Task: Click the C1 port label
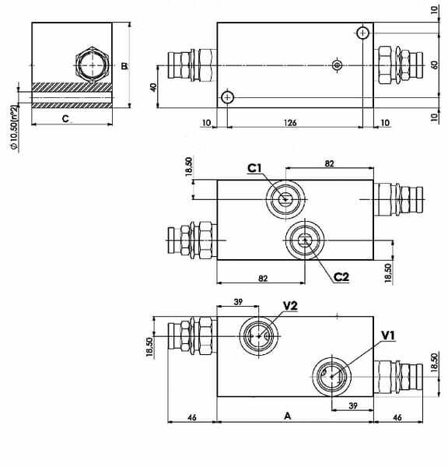coord(254,168)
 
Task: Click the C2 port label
coord(341,277)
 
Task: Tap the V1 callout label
coord(388,335)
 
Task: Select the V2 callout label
coord(290,306)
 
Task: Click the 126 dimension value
coord(290,123)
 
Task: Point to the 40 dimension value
coord(153,87)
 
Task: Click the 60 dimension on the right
coord(434,65)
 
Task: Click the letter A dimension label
coord(287,416)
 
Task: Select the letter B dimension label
coord(124,66)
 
